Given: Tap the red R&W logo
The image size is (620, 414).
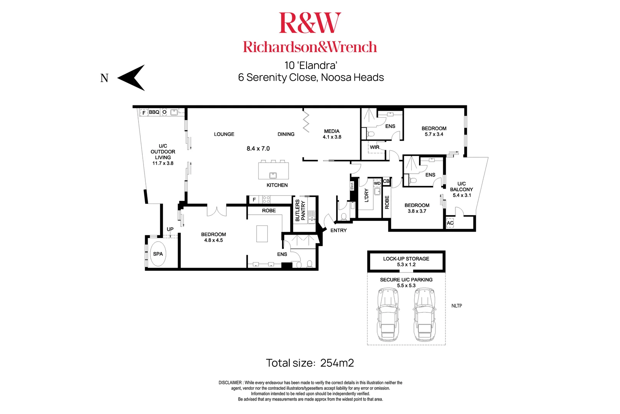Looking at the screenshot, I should [x=310, y=23].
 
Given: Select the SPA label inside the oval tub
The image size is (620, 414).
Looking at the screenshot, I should [x=158, y=254].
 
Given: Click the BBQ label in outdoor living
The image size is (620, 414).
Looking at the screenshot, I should [x=154, y=112].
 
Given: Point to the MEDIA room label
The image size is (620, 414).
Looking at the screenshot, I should [x=331, y=131].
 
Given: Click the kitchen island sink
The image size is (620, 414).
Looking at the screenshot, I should [x=273, y=176].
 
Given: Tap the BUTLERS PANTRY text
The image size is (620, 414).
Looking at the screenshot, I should [x=300, y=210].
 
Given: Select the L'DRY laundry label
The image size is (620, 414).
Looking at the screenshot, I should [x=366, y=195].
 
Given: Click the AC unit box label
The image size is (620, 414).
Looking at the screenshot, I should [x=450, y=223].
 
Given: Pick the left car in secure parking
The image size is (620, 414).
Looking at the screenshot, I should [x=388, y=315].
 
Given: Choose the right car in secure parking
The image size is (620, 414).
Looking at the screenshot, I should [x=424, y=315].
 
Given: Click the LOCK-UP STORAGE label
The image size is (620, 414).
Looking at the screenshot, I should [x=406, y=259].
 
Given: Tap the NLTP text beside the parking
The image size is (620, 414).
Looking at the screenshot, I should [x=457, y=306].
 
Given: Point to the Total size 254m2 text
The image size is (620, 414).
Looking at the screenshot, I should [x=310, y=363].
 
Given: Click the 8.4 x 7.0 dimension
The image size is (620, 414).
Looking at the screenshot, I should [x=258, y=149].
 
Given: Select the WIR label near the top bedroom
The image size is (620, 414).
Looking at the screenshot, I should [x=374, y=147].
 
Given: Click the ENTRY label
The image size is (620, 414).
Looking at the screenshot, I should [x=338, y=230].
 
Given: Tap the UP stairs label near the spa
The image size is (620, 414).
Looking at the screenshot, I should [x=170, y=229].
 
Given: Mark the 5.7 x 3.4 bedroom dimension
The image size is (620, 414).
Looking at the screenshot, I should [x=434, y=134].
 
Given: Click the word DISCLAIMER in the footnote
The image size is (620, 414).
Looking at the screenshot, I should [x=230, y=383].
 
